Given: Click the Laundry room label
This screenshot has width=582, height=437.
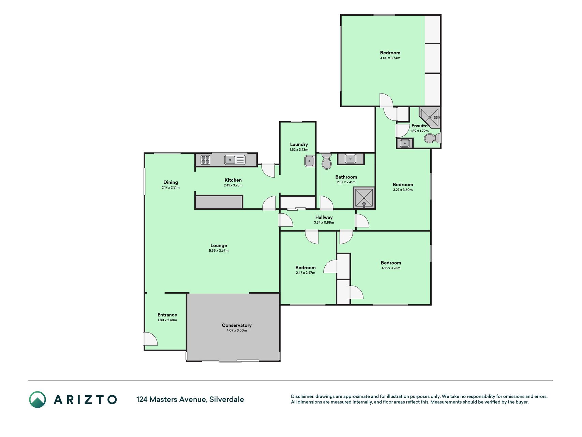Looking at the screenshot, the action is point(299,144).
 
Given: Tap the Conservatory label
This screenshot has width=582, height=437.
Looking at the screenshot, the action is point(237,325).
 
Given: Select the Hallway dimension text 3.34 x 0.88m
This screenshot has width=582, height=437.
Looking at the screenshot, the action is point(324,223).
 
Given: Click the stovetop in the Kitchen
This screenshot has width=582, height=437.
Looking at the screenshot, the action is point(205,160).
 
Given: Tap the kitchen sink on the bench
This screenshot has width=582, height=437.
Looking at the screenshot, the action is point(235,159).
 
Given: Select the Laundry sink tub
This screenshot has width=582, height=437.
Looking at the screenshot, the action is point(309,161).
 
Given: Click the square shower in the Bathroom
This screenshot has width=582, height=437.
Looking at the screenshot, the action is point(364,198).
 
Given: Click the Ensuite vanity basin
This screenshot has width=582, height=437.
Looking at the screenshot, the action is point(405,143).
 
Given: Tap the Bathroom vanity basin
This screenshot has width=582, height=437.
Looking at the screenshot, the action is point(350,159).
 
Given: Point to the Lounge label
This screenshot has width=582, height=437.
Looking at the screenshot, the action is point(219,245).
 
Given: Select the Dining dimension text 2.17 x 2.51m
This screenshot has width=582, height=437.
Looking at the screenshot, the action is point(170,187).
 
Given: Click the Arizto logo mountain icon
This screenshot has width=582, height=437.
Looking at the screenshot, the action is point(38,399).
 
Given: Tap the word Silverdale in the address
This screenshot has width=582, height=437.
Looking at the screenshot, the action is point(227,399).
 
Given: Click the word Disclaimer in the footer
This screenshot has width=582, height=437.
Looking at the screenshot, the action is point(302,396).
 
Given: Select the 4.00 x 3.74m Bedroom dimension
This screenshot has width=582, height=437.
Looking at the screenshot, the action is point(390,58).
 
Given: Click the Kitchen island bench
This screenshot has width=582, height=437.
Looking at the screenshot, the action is point(219,202).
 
